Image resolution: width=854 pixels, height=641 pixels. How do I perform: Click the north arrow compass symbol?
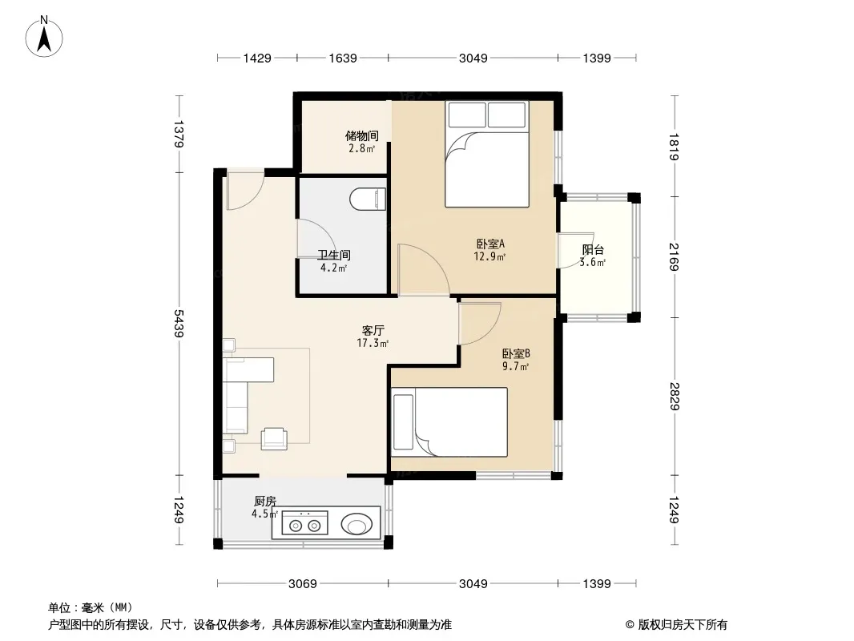(44, 37)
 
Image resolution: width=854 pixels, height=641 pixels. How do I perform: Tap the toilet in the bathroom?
(368, 200)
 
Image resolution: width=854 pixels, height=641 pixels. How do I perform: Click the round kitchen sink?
(357, 525)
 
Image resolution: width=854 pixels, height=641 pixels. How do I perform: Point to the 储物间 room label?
(361, 135)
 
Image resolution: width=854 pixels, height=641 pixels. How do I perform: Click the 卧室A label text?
(490, 244)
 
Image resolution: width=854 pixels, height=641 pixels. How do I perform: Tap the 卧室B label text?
(516, 353)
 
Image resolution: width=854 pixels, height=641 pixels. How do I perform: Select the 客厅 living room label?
(373, 331)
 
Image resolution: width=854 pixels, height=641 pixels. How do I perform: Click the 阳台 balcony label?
(593, 250)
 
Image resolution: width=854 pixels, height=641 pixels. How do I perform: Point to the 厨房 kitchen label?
(265, 501)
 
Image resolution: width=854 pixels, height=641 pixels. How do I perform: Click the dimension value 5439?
(179, 324)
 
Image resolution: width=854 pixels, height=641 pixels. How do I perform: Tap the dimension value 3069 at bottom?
(302, 584)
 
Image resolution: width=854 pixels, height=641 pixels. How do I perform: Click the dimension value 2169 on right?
(675, 257)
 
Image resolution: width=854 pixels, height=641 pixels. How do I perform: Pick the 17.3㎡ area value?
(373, 343)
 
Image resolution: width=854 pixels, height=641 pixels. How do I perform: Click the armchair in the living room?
(274, 439)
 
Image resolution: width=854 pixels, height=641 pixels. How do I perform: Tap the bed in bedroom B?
(449, 422)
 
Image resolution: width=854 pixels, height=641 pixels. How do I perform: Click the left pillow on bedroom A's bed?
(467, 115)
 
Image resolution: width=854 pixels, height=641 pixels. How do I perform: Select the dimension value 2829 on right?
(675, 397)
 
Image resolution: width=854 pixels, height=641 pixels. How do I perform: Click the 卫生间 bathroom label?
(334, 255)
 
